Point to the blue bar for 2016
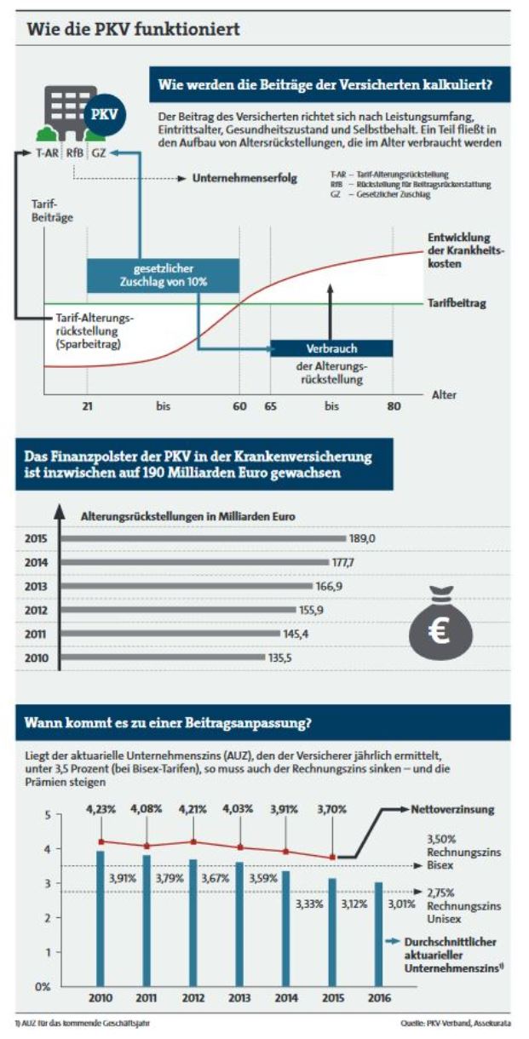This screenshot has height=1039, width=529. pos(378,934)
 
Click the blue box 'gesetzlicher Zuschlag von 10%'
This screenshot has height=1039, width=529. pos(164,274)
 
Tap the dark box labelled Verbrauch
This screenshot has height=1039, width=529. pos(331,348)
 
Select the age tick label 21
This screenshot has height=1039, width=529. pos(87,407)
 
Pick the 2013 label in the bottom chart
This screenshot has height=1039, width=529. pos(240,999)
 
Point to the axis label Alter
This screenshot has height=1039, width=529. pos(444,395)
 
